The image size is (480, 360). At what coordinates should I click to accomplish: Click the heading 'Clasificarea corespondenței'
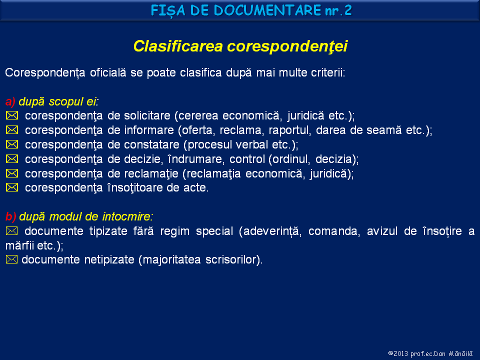[240, 46]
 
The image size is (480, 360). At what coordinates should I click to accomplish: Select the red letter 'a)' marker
[10, 102]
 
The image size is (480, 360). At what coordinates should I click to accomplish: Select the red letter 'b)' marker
[10, 217]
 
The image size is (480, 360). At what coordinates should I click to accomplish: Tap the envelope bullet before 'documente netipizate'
[12, 260]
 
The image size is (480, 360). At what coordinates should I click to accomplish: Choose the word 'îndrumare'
[193, 159]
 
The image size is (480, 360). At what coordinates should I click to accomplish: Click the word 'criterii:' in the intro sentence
[326, 73]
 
